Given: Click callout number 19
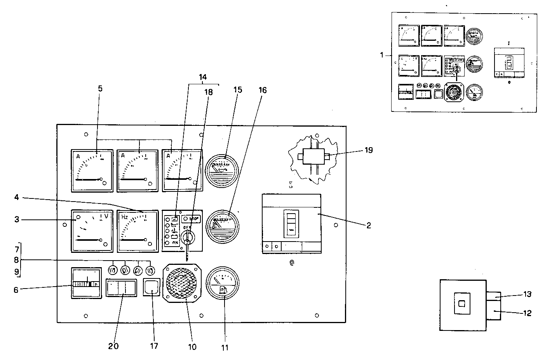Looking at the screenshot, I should pos(369,150).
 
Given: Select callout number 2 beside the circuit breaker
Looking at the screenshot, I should pos(369,225).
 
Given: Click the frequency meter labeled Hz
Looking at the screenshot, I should pos(138,231).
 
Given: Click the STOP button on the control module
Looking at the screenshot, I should pos(191,219).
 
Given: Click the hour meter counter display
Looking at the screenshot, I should pos(86,284).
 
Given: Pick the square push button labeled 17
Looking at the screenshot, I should pos(151,288).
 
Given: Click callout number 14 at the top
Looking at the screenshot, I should pos(203,77).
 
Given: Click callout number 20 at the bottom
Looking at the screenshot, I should pos(114,346).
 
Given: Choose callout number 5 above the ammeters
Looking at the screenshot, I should pos(100,89).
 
